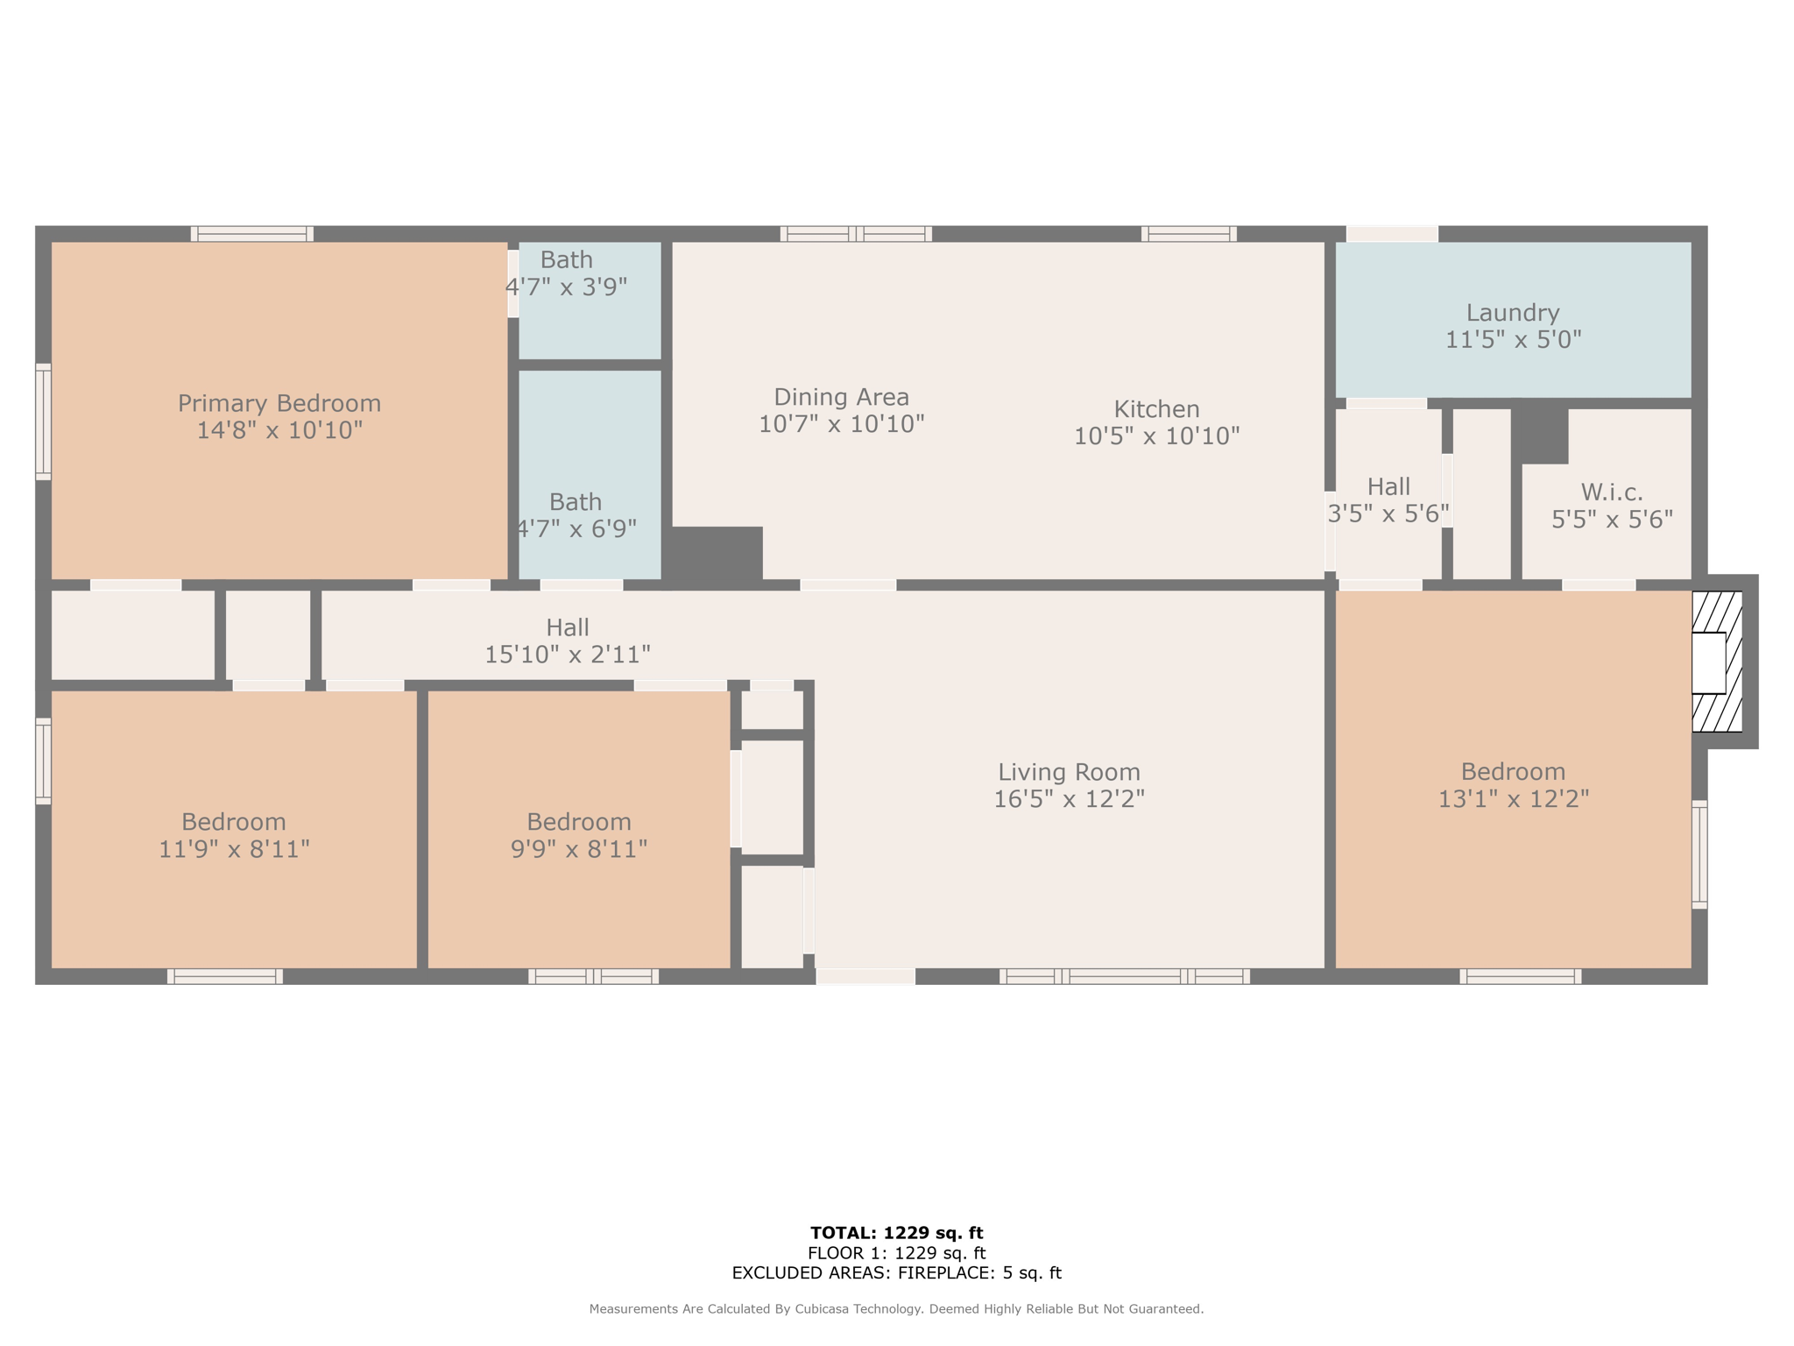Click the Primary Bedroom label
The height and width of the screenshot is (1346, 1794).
pyautogui.click(x=279, y=403)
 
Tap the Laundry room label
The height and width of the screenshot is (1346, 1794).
pyautogui.click(x=1513, y=313)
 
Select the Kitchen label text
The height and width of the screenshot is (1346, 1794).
pyautogui.click(x=1156, y=409)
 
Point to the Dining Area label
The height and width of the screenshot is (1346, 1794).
pyautogui.click(x=841, y=398)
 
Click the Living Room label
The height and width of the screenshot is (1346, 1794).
pyautogui.click(x=1069, y=772)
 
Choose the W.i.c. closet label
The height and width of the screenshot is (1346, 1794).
pyautogui.click(x=1612, y=492)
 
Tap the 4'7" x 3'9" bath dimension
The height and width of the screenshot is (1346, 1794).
pyautogui.click(x=567, y=287)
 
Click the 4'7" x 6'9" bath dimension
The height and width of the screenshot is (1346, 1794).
pyautogui.click(x=576, y=529)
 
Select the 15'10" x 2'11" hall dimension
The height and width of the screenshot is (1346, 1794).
pyautogui.click(x=568, y=655)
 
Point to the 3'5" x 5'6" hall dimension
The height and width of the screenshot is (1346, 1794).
pyautogui.click(x=1388, y=514)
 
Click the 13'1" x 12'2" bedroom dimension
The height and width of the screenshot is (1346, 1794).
pyautogui.click(x=1513, y=799)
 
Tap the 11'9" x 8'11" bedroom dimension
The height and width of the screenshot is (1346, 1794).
pyautogui.click(x=234, y=849)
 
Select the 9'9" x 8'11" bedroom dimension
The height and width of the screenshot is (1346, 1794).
pyautogui.click(x=579, y=849)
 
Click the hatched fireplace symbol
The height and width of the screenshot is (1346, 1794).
pyautogui.click(x=1717, y=662)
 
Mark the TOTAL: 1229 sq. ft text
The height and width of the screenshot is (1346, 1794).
pyautogui.click(x=896, y=1234)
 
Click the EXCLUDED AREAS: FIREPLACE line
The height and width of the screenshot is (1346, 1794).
pyautogui.click(x=896, y=1273)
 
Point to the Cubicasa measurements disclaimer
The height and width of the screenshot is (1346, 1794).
pyautogui.click(x=896, y=1309)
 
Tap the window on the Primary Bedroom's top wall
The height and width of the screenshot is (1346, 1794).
pyautogui.click(x=252, y=234)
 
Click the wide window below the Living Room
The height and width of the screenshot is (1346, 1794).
pyautogui.click(x=1125, y=976)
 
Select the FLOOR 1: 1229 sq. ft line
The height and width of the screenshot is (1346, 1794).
pyautogui.click(x=896, y=1254)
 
